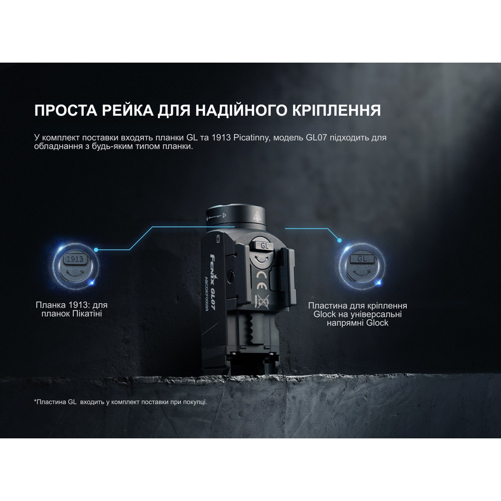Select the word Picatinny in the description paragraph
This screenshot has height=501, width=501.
tap(252, 138)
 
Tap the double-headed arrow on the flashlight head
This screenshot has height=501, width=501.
tap(215, 216)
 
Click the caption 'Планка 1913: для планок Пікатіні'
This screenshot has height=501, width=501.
tap(72, 309)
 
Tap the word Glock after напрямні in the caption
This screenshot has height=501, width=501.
tap(377, 323)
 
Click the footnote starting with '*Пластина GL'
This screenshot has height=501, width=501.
tap(120, 402)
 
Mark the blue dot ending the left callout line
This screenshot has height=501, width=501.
tap(96, 249)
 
